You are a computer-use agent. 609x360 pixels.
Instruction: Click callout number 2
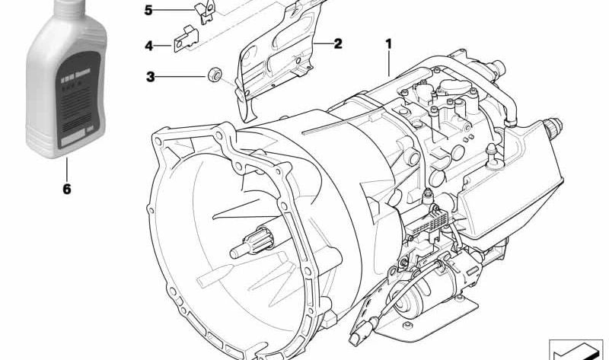point(337,43)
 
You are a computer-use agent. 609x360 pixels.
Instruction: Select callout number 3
point(151,76)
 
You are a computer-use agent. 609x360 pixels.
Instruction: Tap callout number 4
point(149,46)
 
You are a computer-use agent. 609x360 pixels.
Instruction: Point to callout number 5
point(149,11)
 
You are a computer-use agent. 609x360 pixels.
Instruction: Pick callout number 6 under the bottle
point(66,188)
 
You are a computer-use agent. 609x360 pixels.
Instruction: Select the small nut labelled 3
point(215,75)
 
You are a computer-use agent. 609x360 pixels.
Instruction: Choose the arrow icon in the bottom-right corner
point(576,349)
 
